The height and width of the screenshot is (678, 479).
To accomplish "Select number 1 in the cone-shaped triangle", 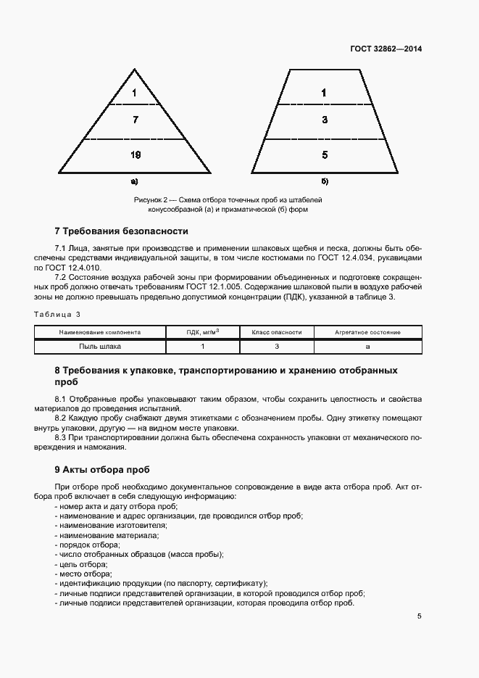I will pyautogui.click(x=135, y=93).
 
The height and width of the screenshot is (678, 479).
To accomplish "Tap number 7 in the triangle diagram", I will pyautogui.click(x=135, y=120).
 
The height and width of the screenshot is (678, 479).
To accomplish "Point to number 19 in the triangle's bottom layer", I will pyautogui.click(x=135, y=154).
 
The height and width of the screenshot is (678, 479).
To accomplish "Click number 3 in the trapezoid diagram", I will pyautogui.click(x=324, y=120).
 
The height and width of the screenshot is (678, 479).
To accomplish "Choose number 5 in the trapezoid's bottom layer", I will pyautogui.click(x=324, y=154).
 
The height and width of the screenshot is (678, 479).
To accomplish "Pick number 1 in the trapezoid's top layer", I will pyautogui.click(x=324, y=93).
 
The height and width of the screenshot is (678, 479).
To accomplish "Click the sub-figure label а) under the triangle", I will pyautogui.click(x=134, y=181).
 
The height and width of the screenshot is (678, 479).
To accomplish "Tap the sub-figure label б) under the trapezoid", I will pyautogui.click(x=324, y=181).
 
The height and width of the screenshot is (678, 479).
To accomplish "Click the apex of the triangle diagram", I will pyautogui.click(x=135, y=70).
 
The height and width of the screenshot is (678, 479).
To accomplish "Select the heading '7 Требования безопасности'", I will pyautogui.click(x=121, y=231).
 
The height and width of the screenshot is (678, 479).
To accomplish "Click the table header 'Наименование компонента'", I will pyautogui.click(x=101, y=332).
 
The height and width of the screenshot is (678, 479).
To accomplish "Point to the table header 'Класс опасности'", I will pyautogui.click(x=276, y=332).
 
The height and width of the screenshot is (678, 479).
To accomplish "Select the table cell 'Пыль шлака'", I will pyautogui.click(x=101, y=347).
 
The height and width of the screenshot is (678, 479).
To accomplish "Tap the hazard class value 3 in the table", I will pyautogui.click(x=276, y=347).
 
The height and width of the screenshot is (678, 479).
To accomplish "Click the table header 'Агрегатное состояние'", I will pyautogui.click(x=367, y=332).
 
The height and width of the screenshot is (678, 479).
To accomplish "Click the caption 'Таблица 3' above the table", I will pyautogui.click(x=58, y=314).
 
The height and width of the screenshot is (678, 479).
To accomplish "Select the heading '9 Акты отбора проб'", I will pyautogui.click(x=102, y=469).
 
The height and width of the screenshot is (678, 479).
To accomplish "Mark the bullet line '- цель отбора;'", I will pyautogui.click(x=81, y=564).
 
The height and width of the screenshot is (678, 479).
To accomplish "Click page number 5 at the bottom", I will pyautogui.click(x=419, y=616).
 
